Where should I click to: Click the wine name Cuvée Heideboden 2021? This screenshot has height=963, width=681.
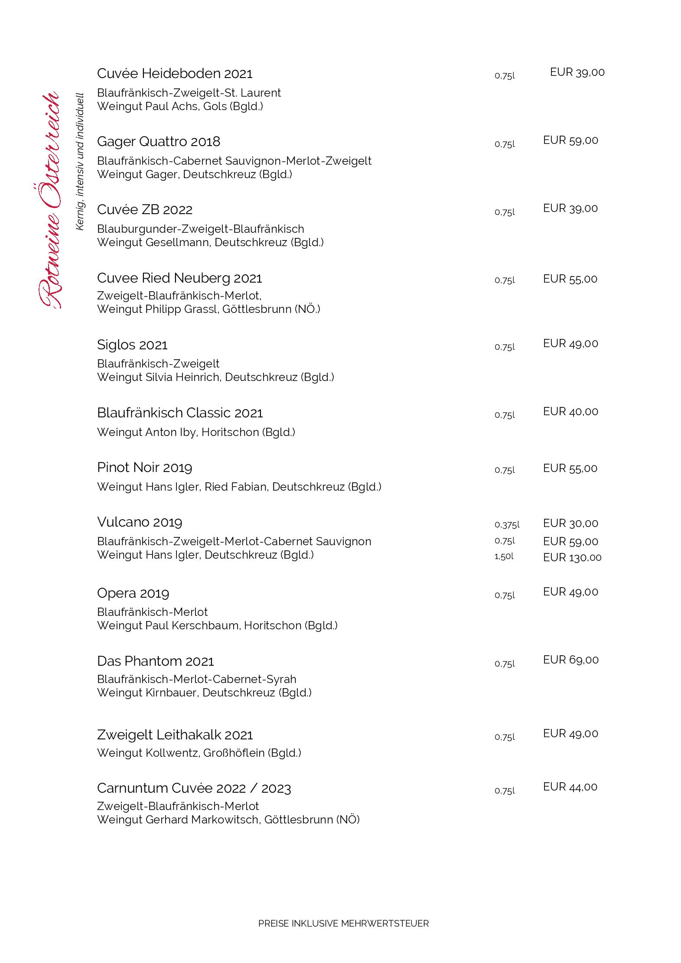(x=175, y=74)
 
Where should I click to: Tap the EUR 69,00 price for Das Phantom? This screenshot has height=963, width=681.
(x=570, y=660)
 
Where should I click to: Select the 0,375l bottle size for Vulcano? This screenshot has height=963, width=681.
(x=507, y=525)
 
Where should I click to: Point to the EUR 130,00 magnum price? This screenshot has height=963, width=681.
(x=572, y=557)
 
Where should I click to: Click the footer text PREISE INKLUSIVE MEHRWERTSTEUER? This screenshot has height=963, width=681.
(x=343, y=923)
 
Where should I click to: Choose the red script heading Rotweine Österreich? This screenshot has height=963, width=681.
(x=49, y=200)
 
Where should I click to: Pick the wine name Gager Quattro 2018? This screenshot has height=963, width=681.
(x=159, y=142)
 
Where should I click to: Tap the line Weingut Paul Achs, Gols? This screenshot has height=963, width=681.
(x=180, y=106)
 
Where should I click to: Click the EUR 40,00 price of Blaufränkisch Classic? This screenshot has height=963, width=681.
(x=570, y=411)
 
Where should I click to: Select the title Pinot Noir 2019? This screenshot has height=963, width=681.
(x=144, y=468)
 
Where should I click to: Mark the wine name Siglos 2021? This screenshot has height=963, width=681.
(x=132, y=345)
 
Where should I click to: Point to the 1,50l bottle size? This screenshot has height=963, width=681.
(x=504, y=556)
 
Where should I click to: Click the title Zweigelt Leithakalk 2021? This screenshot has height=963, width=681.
(x=175, y=735)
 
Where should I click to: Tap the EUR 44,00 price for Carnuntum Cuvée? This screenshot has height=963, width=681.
(x=570, y=787)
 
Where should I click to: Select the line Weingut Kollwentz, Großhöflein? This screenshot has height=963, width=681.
(x=199, y=753)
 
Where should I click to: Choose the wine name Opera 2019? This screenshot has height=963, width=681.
(x=133, y=593)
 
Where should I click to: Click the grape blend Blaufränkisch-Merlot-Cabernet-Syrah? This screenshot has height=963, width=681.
(x=197, y=679)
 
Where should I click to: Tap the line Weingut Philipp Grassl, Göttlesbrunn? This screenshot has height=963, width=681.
(x=209, y=309)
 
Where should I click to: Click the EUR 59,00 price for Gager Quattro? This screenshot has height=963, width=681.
(x=570, y=140)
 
